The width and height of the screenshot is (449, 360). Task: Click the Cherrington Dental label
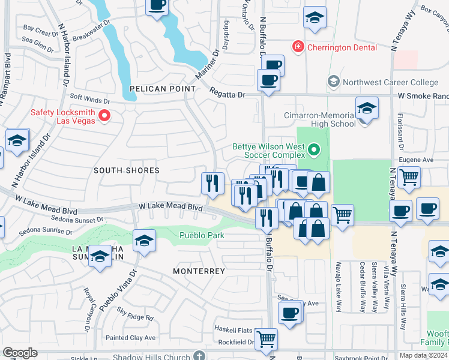(342, 47)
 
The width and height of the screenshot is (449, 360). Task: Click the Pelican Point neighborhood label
(163, 89)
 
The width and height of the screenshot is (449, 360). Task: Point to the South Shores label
(127, 170)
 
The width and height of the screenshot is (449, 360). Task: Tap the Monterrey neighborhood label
(199, 271)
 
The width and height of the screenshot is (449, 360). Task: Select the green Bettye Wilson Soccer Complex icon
(314, 148)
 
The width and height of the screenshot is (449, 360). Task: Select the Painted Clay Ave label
(130, 338)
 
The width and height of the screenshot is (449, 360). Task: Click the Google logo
(20, 353)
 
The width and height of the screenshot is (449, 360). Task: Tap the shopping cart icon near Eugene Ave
(409, 177)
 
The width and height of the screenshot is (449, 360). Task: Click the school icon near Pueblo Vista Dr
(144, 241)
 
